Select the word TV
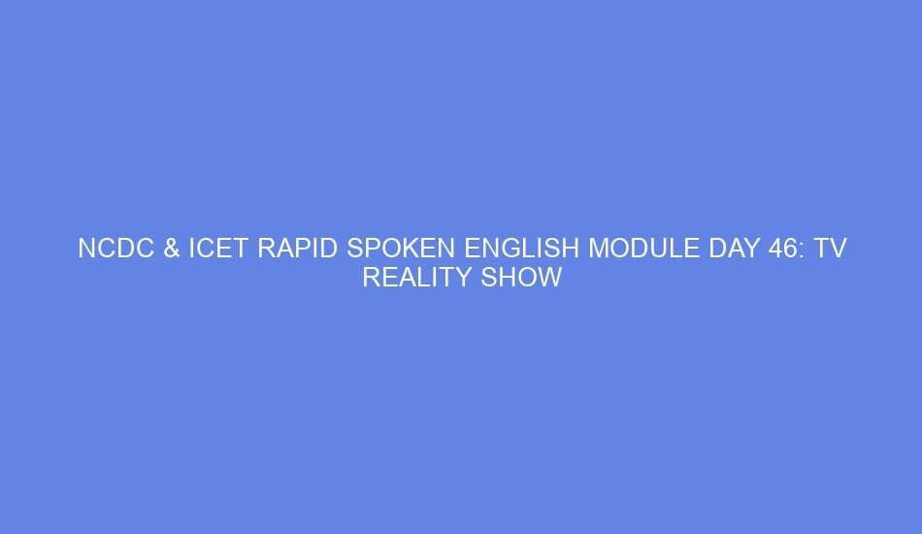click(x=831, y=250)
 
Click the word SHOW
click(x=522, y=279)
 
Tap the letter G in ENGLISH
click(x=504, y=250)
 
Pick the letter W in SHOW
click(x=550, y=279)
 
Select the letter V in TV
click(x=839, y=250)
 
